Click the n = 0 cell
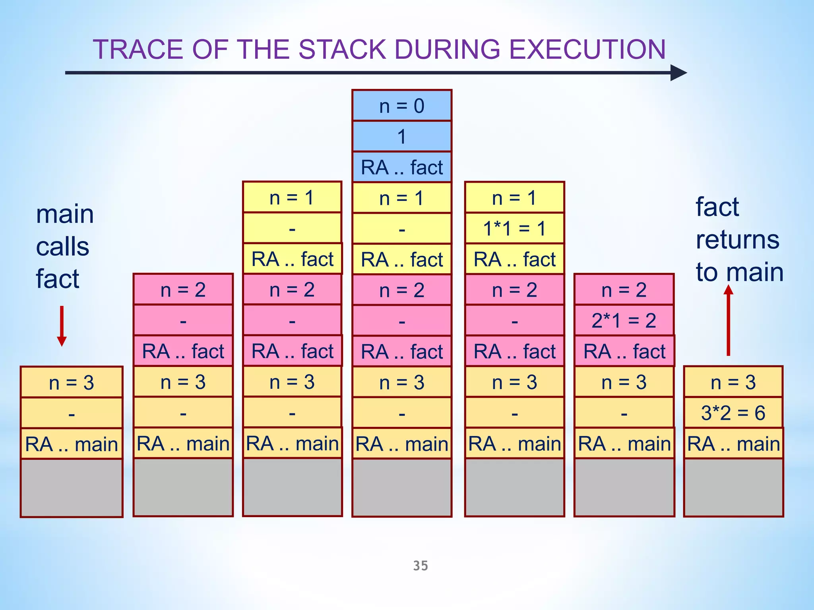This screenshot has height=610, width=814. (402, 106)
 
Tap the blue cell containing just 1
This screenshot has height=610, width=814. (402, 137)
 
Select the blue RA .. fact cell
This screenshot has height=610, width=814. (402, 167)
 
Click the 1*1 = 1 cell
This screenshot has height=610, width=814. (514, 228)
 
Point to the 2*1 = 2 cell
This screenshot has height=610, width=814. (624, 320)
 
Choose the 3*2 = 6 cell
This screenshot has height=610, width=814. (733, 413)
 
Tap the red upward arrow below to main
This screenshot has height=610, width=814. (728, 320)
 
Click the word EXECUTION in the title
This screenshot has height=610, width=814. (587, 50)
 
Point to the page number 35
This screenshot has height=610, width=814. (421, 566)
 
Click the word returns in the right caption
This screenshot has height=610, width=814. (738, 240)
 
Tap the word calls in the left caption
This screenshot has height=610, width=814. (62, 247)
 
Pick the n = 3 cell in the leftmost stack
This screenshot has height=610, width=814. (72, 382)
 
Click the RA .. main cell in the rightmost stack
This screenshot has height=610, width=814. (733, 444)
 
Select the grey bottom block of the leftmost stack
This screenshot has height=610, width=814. (72, 488)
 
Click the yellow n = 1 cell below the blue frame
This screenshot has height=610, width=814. (402, 198)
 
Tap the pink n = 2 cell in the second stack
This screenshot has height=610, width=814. (183, 290)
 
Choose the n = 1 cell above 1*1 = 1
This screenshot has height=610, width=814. (514, 198)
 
